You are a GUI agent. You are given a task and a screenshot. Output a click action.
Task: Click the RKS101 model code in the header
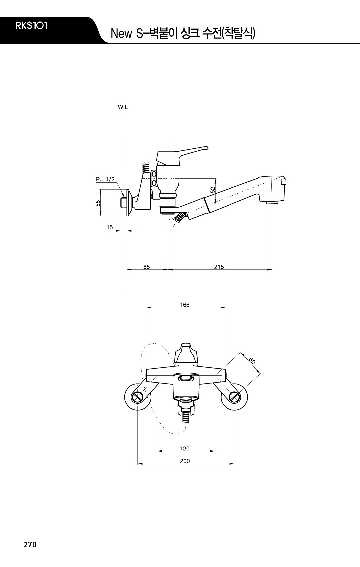(31, 26)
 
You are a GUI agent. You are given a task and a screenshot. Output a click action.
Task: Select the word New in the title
(121, 34)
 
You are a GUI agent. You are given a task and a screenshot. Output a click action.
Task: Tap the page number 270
(30, 544)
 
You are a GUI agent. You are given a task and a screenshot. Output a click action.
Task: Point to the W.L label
(123, 107)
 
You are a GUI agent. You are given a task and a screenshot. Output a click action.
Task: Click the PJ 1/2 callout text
(105, 179)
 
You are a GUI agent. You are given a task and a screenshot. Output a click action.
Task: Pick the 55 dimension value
(98, 203)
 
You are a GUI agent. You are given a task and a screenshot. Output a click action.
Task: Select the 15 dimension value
(110, 227)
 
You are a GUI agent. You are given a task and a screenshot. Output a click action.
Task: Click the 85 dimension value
(146, 267)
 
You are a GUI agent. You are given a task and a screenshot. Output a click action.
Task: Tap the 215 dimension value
(219, 267)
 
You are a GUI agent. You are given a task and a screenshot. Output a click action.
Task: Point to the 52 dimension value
(213, 190)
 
